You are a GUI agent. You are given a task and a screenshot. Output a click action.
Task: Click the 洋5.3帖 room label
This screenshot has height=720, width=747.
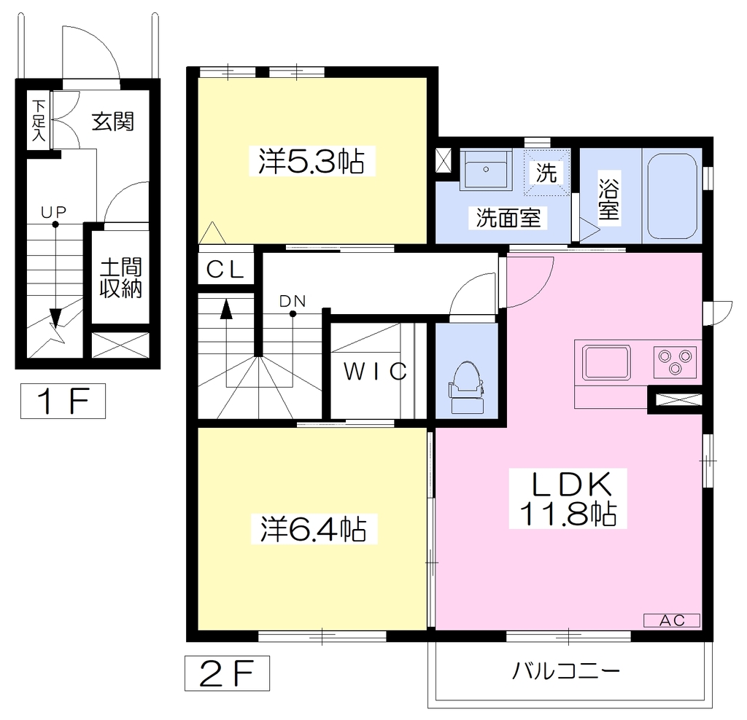click(x=312, y=161)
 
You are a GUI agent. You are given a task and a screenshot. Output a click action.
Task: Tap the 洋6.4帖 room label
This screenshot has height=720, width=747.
click(x=314, y=528)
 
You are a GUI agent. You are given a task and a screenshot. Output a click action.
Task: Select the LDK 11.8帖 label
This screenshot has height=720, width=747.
click(x=568, y=498)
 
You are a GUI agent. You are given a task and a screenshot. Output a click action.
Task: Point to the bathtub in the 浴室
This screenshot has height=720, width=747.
click(x=672, y=195)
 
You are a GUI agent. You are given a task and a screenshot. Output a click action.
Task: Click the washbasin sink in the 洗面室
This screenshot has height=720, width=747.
click(x=485, y=170)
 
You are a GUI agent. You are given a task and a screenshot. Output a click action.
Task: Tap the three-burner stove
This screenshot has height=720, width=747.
click(x=675, y=362)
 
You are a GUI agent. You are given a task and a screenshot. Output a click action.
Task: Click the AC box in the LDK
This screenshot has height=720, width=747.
click(x=672, y=620)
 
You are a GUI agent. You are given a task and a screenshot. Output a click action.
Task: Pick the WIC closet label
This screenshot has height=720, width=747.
click(x=376, y=372)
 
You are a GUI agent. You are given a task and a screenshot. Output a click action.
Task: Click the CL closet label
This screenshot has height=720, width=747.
click(x=225, y=270)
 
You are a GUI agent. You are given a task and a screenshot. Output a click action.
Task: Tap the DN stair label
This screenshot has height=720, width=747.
click(x=292, y=301)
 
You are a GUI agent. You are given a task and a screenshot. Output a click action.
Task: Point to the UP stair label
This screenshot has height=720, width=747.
click(x=53, y=212)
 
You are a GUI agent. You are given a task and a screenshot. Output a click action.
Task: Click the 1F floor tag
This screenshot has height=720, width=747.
click(x=63, y=401)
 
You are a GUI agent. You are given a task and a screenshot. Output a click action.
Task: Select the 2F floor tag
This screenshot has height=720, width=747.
click(x=228, y=673)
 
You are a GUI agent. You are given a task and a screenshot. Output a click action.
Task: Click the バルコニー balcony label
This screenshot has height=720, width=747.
click(x=566, y=671)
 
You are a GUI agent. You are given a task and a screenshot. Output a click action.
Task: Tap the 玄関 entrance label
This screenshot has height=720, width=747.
click(x=113, y=122)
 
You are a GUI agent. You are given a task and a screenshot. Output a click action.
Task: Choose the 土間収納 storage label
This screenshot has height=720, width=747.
click(x=121, y=278)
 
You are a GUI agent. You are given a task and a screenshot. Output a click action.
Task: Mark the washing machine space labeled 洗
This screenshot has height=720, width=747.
click(x=546, y=172)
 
